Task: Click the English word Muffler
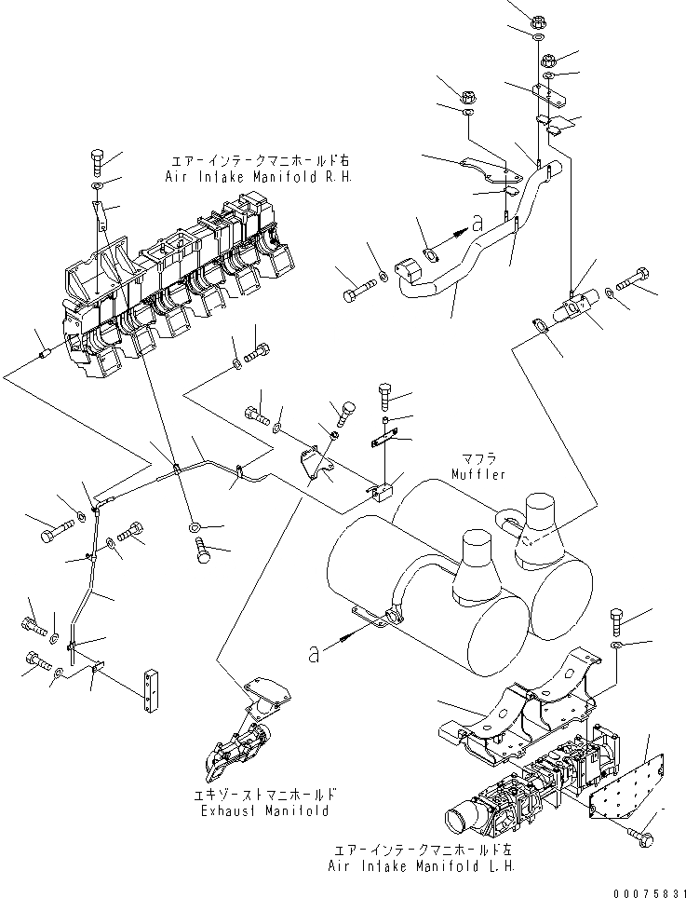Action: point(478,474)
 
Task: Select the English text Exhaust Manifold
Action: point(265,810)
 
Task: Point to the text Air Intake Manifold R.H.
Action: point(258,176)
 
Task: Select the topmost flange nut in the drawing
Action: point(540,20)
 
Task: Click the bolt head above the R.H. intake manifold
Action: point(99,158)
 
